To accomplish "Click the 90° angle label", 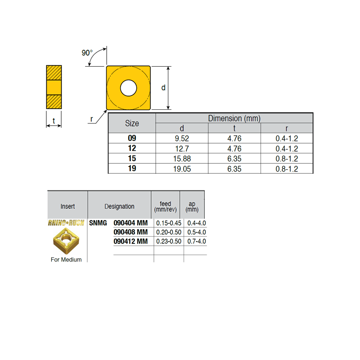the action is tap(87, 53).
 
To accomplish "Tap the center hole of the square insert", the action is tap(128, 88).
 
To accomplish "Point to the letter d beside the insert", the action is tap(163, 88).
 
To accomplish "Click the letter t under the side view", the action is tap(54, 121).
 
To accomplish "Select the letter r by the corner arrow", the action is tap(92, 119).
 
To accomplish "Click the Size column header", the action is tap(132, 123).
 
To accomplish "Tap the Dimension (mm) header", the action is tap(234, 118).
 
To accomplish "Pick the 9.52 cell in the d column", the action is tap(182, 139).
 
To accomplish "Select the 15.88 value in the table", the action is tap(182, 159).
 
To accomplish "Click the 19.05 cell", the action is tap(182, 169).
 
